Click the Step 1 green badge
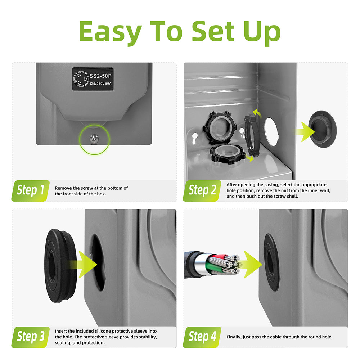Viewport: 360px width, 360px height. click(x=31, y=191)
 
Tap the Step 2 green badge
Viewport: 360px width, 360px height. click(x=202, y=191)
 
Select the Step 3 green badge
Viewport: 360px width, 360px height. click(x=31, y=337)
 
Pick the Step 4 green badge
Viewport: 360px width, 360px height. click(x=202, y=337)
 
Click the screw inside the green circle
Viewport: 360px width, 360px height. click(x=94, y=139)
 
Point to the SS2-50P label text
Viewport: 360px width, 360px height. click(x=100, y=76)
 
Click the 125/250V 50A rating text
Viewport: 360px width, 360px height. click(x=100, y=84)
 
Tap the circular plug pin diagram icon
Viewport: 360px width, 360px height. click(x=81, y=79)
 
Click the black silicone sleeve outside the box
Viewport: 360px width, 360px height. click(x=60, y=265)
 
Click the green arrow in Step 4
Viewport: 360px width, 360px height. click(x=250, y=265)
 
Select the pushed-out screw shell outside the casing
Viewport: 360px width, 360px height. click(x=322, y=129)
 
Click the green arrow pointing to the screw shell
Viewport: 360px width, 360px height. click(x=306, y=132)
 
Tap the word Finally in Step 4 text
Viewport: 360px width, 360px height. click(x=234, y=337)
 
